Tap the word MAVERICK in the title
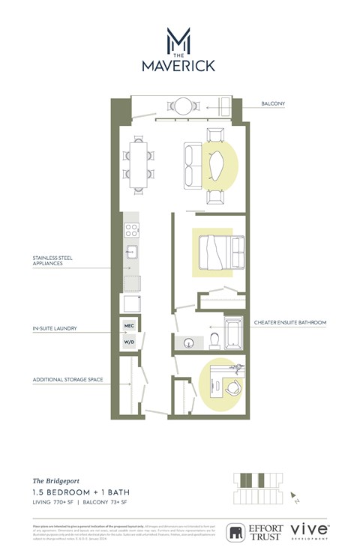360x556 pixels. point(178,66)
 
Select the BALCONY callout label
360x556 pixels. point(273,104)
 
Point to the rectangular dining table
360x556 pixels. point(138,163)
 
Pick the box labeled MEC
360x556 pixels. point(130,327)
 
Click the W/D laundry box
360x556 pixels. point(130,343)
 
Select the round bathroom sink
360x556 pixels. point(188,342)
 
